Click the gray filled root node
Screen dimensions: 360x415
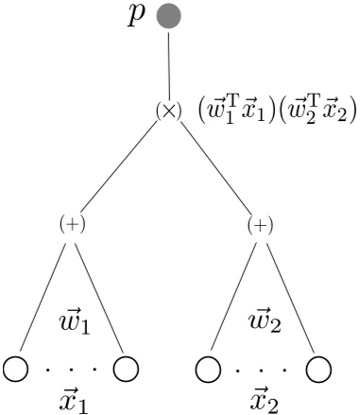tap(168, 16)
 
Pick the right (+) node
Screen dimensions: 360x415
tap(260, 225)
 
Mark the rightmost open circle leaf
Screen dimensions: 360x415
tap(318, 368)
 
